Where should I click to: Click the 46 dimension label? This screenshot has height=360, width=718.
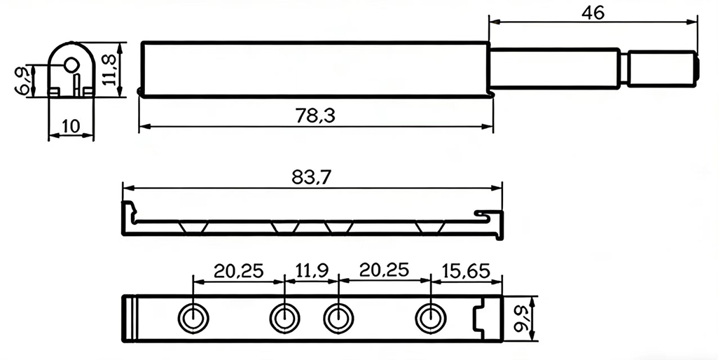[592, 13]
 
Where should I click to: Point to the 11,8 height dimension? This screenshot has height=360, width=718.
[110, 70]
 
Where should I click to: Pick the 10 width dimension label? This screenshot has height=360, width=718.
[70, 126]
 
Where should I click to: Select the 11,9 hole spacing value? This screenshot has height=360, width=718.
[311, 270]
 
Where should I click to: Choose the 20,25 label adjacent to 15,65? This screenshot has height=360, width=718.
[383, 270]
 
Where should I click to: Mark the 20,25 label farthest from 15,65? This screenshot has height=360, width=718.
[239, 270]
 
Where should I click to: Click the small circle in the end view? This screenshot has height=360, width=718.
[70, 64]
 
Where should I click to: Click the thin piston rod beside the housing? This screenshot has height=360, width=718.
[558, 69]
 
